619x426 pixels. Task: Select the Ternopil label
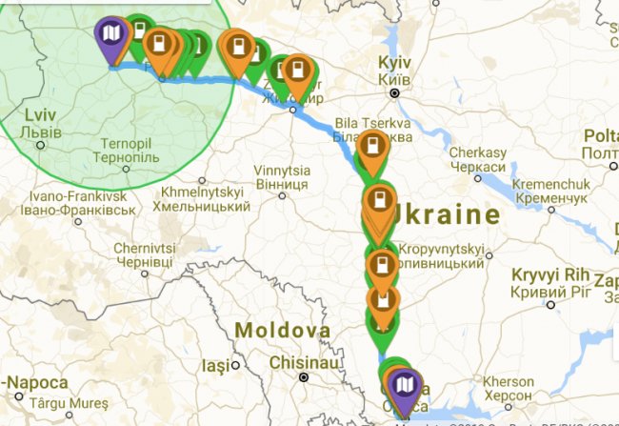pyautogui.click(x=127, y=146)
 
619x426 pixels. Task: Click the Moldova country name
pyautogui.click(x=283, y=331)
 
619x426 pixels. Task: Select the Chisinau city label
pyautogui.click(x=302, y=363)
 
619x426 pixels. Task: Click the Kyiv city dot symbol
pyautogui.click(x=393, y=92)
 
